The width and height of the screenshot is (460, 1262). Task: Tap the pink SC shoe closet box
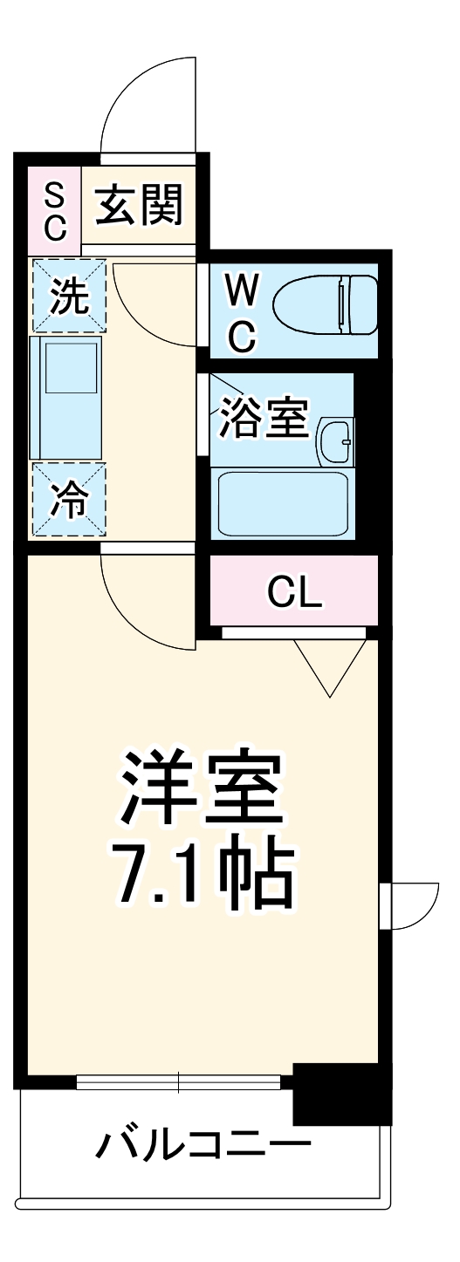(x=54, y=210)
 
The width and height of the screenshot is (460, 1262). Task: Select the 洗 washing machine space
(x=69, y=297)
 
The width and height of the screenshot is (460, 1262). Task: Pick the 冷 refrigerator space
(x=69, y=501)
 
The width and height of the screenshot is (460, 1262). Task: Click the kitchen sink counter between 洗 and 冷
(x=66, y=398)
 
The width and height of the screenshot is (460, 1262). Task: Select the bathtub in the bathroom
(x=283, y=504)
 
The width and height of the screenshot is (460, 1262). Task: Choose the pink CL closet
(x=294, y=592)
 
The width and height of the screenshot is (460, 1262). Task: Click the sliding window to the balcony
(x=179, y=1082)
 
